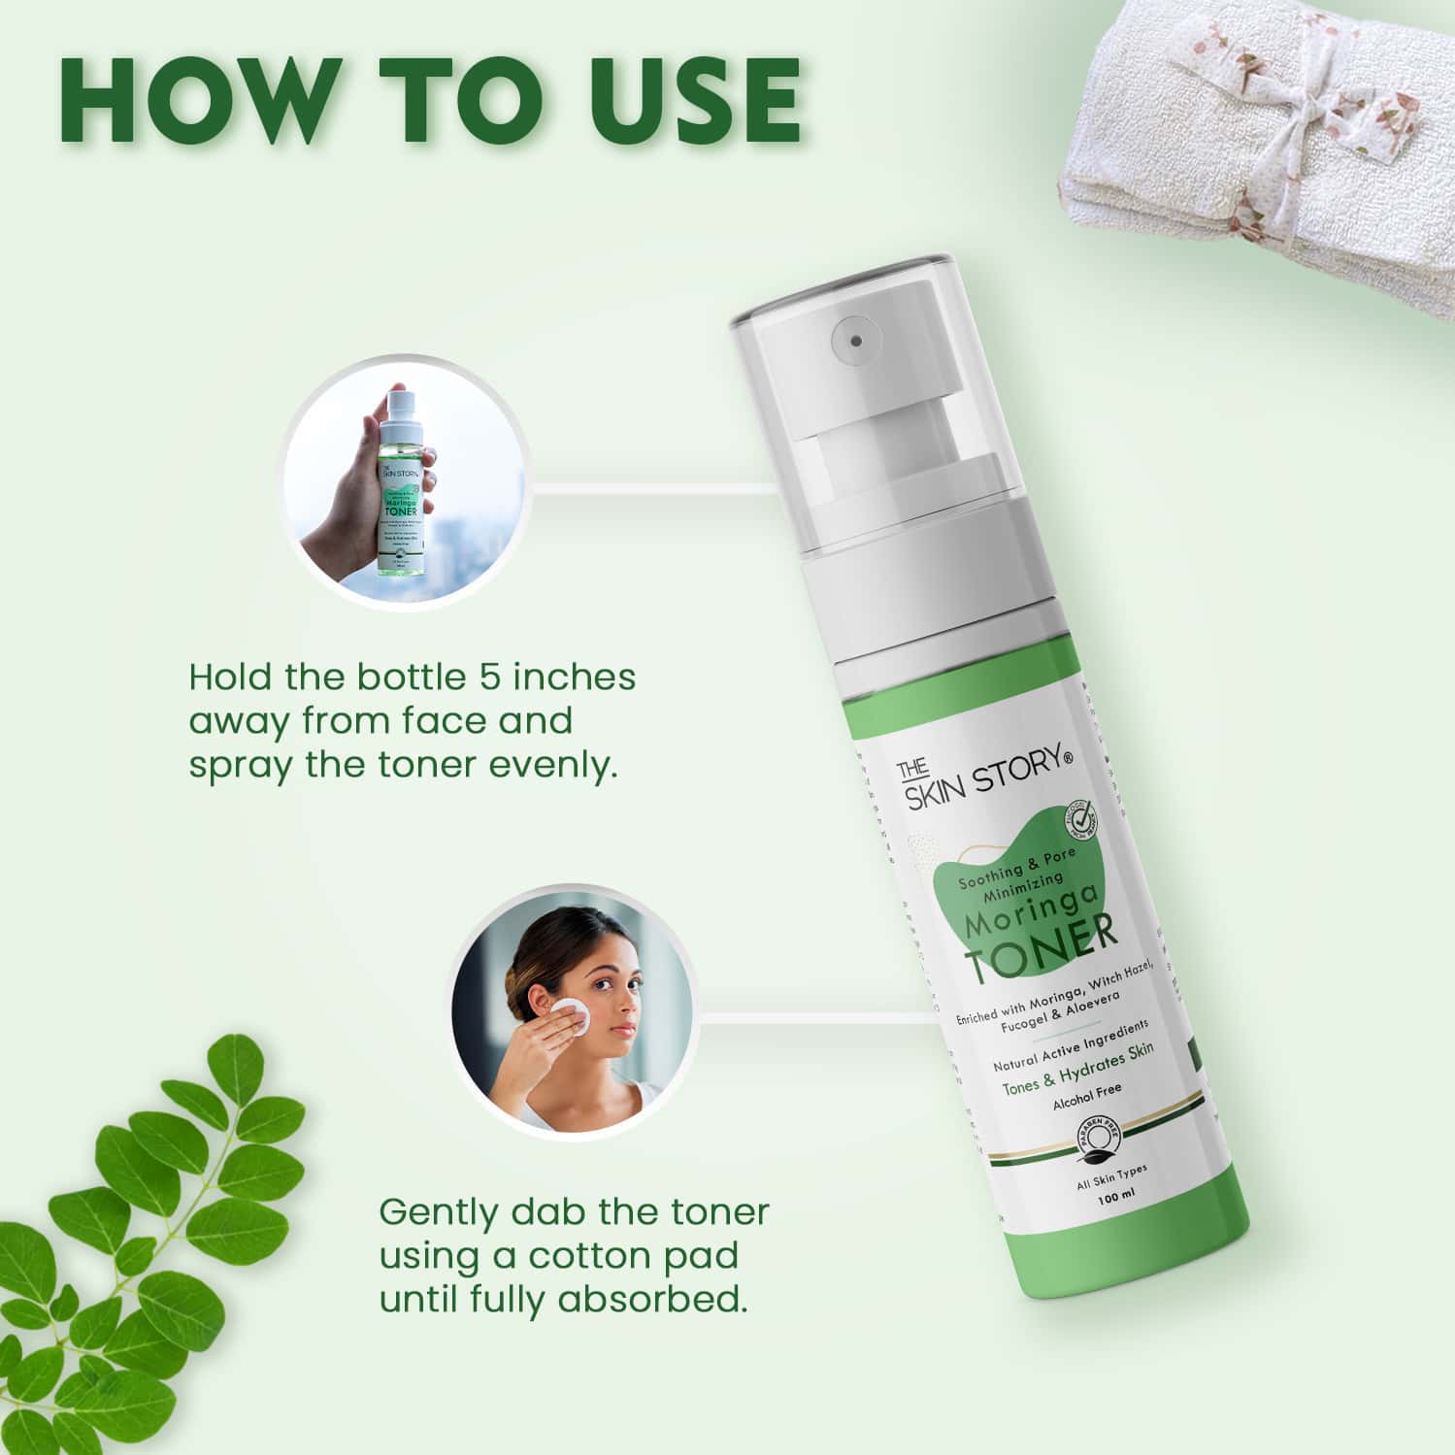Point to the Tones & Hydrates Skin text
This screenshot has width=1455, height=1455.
click(1076, 1067)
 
